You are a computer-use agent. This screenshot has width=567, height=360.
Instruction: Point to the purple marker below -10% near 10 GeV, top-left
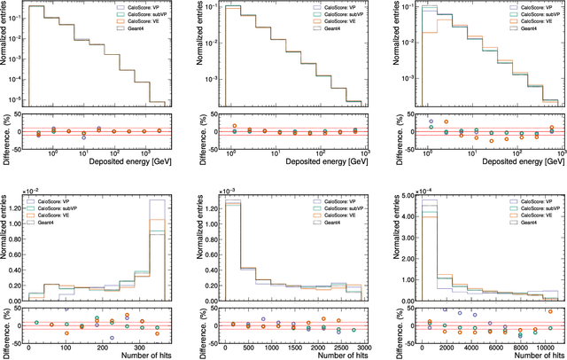[83, 137]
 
